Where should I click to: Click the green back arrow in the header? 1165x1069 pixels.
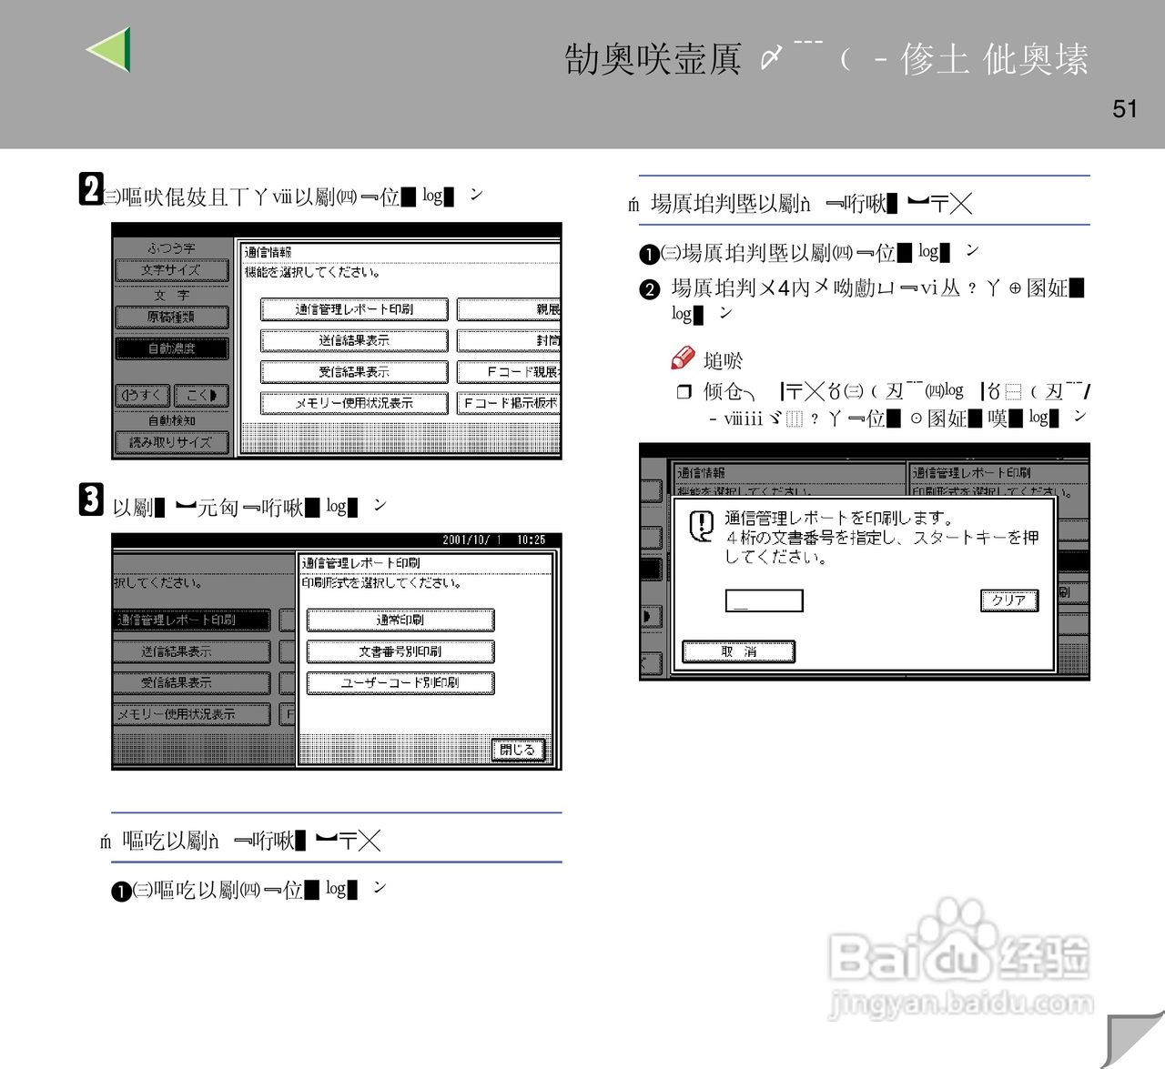coord(110,49)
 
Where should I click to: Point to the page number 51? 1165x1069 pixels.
coord(1125,109)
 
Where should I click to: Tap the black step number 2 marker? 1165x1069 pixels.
coord(90,189)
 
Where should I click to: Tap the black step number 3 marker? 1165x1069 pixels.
coord(91,499)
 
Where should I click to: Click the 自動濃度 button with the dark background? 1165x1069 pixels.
coord(172,348)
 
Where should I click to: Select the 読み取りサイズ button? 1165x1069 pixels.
coord(171,443)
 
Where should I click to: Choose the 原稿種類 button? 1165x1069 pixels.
coord(171,317)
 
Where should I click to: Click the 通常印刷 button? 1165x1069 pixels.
coord(400,620)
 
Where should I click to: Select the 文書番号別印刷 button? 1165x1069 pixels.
coord(400,651)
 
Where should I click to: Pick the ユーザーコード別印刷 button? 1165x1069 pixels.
coord(400,682)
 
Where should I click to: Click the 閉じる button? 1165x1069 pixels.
coord(518,750)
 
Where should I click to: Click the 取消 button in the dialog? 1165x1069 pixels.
coord(738,651)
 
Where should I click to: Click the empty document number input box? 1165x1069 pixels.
coord(764,600)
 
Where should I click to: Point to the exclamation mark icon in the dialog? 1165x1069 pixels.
coord(701,525)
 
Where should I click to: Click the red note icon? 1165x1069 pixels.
coord(683,358)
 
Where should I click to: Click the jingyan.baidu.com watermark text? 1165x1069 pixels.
coord(961,1003)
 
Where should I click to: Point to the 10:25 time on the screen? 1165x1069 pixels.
coord(531,540)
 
